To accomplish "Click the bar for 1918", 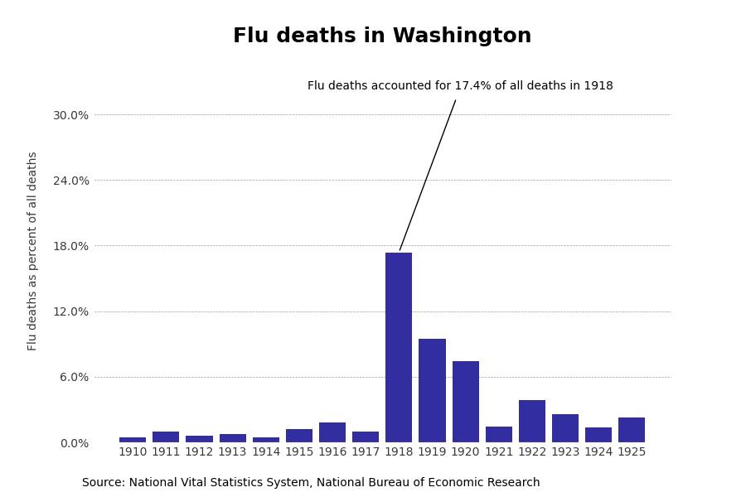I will (x=399, y=348).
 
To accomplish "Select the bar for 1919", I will (x=432, y=391).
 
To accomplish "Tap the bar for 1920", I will (x=465, y=402).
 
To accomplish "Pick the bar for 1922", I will (x=532, y=422).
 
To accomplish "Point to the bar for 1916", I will (x=332, y=432).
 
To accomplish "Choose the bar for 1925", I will (x=632, y=430).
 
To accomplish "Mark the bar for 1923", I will (x=565, y=428).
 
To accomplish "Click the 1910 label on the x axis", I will (x=133, y=452).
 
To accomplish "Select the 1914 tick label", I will (x=266, y=452).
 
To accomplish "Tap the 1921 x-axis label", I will (x=499, y=452).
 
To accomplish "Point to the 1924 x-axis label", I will (x=598, y=452).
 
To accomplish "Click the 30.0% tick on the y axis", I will (x=70, y=115).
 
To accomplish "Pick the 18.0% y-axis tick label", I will (x=70, y=246).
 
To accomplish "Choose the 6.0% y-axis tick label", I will (x=74, y=377).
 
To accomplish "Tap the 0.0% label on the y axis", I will (x=74, y=443).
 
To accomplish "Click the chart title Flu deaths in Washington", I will (x=382, y=36).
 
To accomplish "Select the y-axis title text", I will (x=33, y=251).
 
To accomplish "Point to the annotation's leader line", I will (x=428, y=175).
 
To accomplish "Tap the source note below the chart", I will (x=311, y=483).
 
